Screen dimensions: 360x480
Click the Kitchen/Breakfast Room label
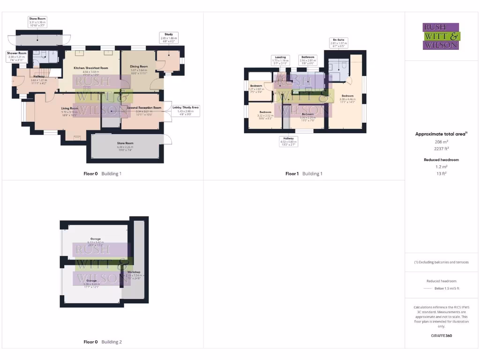91,70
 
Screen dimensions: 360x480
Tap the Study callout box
169,37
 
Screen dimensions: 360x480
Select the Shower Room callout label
16,56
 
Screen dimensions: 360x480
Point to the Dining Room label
139,70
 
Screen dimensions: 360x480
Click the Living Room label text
69,111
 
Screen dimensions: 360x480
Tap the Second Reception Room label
145,110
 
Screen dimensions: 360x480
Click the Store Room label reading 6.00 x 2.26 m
125,145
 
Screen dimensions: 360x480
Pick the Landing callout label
281,60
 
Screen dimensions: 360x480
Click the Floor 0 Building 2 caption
102,342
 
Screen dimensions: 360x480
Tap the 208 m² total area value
441,142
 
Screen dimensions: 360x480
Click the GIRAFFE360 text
441,336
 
